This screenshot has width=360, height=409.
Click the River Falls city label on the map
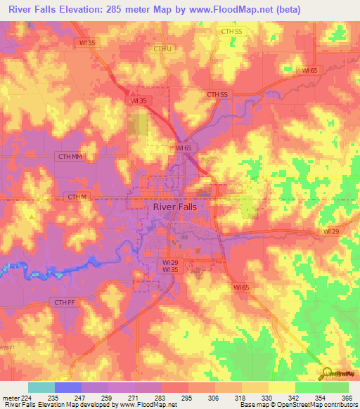tap(175, 207)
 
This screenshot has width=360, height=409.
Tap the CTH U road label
tap(162, 48)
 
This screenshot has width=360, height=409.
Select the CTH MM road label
tap(71, 157)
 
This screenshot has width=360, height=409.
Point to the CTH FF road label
tap(64, 301)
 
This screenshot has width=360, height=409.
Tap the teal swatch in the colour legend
tap(41, 387)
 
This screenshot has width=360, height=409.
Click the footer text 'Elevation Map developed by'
tap(77, 405)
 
